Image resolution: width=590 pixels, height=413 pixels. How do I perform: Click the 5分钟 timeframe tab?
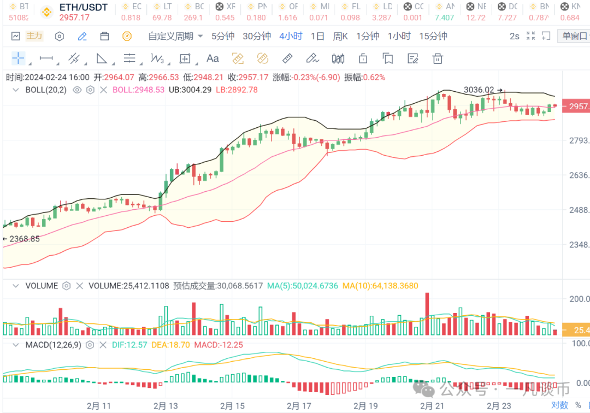click(x=223, y=37)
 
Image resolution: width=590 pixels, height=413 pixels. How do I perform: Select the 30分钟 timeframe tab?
click(x=257, y=37)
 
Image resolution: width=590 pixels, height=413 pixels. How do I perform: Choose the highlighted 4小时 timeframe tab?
click(x=291, y=37)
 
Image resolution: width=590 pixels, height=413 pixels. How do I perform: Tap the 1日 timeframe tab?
click(x=317, y=37)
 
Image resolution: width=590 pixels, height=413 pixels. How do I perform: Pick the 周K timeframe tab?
click(x=340, y=37)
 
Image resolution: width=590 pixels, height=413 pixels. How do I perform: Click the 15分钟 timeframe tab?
click(x=433, y=37)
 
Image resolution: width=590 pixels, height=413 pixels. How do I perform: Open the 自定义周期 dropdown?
click(x=175, y=37)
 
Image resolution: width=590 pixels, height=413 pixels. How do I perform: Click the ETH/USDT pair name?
click(x=84, y=8)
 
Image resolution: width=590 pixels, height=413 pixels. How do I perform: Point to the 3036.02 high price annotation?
click(x=479, y=90)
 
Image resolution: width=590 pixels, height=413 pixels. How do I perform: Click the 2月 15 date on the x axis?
click(x=232, y=406)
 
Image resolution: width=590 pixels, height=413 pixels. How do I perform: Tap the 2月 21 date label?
click(x=432, y=406)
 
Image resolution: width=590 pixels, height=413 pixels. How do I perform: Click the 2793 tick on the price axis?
click(x=578, y=141)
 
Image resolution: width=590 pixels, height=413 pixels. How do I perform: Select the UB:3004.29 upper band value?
click(x=190, y=90)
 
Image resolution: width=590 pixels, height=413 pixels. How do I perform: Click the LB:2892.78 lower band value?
click(x=237, y=90)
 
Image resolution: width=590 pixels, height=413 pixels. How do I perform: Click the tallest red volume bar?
click(x=427, y=314)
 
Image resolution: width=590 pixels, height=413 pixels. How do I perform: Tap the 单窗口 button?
click(x=574, y=37)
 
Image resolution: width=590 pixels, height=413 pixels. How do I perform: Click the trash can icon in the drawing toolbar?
click(x=438, y=58)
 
